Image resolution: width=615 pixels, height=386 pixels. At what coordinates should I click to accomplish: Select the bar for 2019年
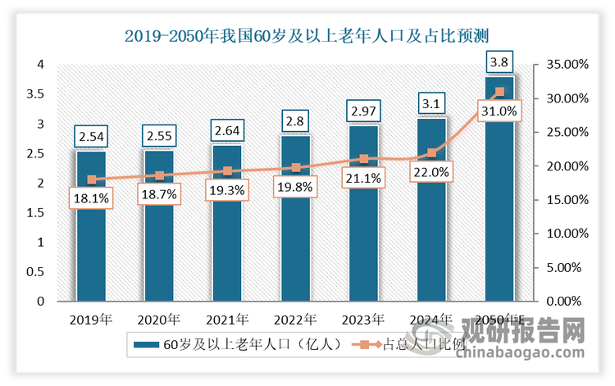click(91, 238)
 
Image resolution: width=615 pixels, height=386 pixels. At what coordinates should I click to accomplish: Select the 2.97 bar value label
click(363, 110)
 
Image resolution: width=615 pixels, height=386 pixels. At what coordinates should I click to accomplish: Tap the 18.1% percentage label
click(91, 198)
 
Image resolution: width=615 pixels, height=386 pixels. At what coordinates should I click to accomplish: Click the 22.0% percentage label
click(431, 172)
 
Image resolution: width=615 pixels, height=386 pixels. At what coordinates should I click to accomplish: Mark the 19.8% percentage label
click(295, 186)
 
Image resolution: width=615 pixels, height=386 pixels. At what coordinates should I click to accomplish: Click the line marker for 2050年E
click(499, 92)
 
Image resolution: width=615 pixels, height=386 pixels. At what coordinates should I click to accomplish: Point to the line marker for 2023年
click(363, 158)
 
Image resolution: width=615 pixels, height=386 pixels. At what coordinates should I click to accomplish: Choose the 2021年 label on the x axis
click(227, 319)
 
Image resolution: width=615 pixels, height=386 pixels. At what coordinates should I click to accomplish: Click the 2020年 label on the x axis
click(159, 319)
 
